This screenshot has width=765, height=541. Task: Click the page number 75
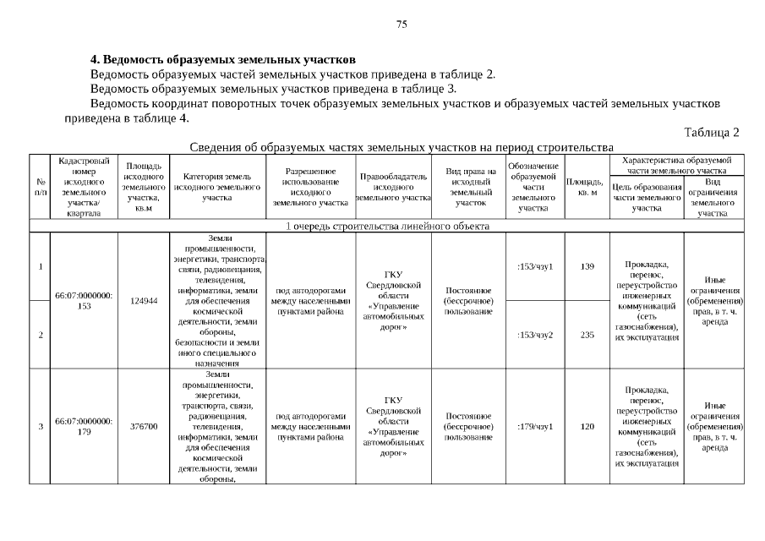point(402,25)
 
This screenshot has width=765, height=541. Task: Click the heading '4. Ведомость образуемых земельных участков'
point(223,60)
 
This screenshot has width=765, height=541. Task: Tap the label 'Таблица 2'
point(712,133)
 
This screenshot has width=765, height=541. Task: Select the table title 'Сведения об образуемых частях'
point(401,146)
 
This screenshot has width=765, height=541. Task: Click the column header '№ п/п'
point(40,187)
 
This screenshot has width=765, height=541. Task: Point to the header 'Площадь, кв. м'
point(585,187)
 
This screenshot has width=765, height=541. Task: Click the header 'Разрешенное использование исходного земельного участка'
point(310,187)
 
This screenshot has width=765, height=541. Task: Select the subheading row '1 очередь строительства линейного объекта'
point(386,227)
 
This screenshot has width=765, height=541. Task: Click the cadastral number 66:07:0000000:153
point(84,301)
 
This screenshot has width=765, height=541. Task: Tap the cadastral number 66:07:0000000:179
point(84,426)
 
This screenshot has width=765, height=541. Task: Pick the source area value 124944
point(144,301)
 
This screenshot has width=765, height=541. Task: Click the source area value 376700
point(144,426)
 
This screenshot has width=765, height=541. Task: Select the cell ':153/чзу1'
point(534,266)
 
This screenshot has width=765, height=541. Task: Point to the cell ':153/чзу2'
point(534,335)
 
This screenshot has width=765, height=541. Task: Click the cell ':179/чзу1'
point(534,426)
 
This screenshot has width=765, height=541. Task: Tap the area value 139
point(587,266)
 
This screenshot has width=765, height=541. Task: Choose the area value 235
point(587,335)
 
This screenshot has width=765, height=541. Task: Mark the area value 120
point(587,426)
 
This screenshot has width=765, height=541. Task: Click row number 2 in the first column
point(40,335)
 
